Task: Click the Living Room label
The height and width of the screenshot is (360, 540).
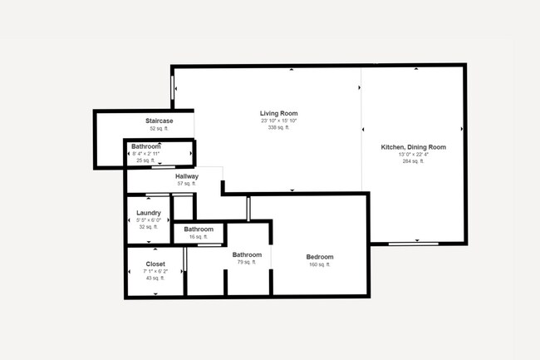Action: (x=278, y=113)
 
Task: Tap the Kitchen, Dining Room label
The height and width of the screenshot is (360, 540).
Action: (x=413, y=147)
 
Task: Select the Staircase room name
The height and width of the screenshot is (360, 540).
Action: (x=159, y=121)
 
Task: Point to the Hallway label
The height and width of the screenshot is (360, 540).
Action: (x=187, y=176)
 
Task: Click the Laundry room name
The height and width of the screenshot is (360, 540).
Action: (x=148, y=213)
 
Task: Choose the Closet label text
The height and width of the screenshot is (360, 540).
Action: (x=155, y=264)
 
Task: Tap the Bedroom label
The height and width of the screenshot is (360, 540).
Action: (x=320, y=257)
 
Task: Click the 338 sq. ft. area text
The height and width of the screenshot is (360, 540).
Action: (x=278, y=128)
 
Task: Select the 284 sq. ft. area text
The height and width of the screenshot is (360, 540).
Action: (x=413, y=161)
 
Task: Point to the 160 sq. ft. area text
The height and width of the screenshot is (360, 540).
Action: (x=320, y=265)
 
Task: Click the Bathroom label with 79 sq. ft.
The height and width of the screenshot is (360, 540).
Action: (x=247, y=255)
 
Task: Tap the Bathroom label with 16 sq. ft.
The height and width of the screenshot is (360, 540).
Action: (x=199, y=229)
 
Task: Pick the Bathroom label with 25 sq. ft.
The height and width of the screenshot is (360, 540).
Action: (x=145, y=146)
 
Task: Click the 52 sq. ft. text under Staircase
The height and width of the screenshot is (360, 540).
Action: (x=159, y=129)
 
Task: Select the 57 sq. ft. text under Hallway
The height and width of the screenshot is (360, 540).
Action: (x=187, y=184)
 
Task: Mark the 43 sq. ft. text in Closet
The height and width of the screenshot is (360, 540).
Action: (x=155, y=279)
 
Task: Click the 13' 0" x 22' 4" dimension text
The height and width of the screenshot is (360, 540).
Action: (x=413, y=155)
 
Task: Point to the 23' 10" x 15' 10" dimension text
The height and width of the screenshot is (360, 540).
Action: (x=278, y=121)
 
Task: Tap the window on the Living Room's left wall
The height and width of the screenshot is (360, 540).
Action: (x=173, y=86)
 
